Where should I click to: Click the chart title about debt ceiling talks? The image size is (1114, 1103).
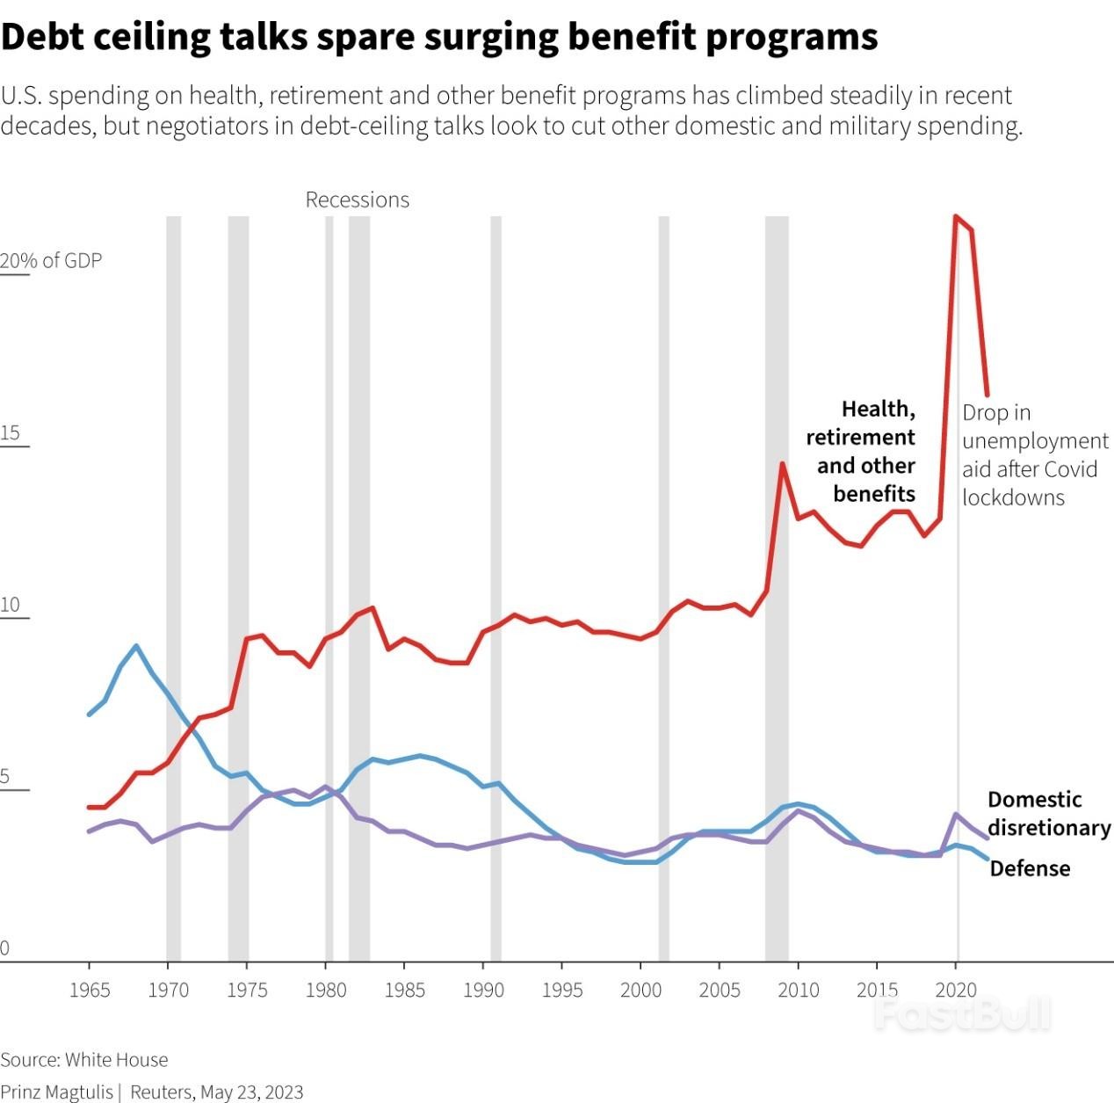click(x=439, y=37)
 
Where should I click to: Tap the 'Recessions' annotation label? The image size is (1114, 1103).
click(x=357, y=200)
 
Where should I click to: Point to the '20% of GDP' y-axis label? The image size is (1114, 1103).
click(x=51, y=260)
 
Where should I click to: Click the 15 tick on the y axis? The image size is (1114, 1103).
click(x=10, y=432)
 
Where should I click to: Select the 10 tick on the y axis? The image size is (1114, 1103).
click(x=10, y=605)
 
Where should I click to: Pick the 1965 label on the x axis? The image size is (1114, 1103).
click(x=89, y=991)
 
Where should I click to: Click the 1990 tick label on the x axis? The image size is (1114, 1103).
click(x=483, y=991)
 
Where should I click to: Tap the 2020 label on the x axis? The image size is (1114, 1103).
click(x=956, y=991)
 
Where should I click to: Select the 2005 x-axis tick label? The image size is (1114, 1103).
click(x=720, y=991)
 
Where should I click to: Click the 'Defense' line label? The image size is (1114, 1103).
click(x=1030, y=868)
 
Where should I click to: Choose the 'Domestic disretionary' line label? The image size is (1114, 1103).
click(x=1048, y=813)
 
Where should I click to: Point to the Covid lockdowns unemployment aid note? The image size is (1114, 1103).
click(x=1034, y=454)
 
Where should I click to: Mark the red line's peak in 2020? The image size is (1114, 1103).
click(x=956, y=216)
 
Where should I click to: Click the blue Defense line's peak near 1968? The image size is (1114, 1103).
click(x=135, y=646)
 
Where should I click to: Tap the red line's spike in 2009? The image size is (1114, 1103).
click(x=781, y=463)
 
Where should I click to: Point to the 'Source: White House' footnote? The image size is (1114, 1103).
click(x=84, y=1059)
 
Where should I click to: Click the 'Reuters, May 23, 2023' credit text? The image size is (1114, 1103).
click(x=216, y=1092)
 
